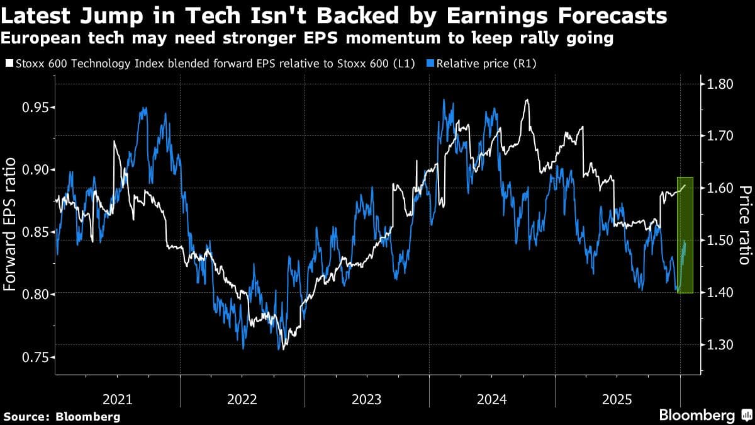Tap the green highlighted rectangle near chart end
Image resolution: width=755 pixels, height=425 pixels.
(685, 235)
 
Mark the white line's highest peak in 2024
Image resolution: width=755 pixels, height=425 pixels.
(527, 99)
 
